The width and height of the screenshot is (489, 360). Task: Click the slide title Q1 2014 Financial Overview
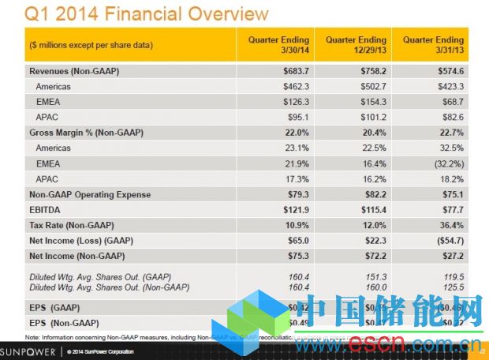pos(147,13)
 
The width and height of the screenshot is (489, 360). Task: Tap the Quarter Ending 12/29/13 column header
pos(353,44)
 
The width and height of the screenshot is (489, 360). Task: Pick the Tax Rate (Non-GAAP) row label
pos(66,226)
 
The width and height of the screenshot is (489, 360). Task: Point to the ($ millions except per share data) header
pos(90,44)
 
